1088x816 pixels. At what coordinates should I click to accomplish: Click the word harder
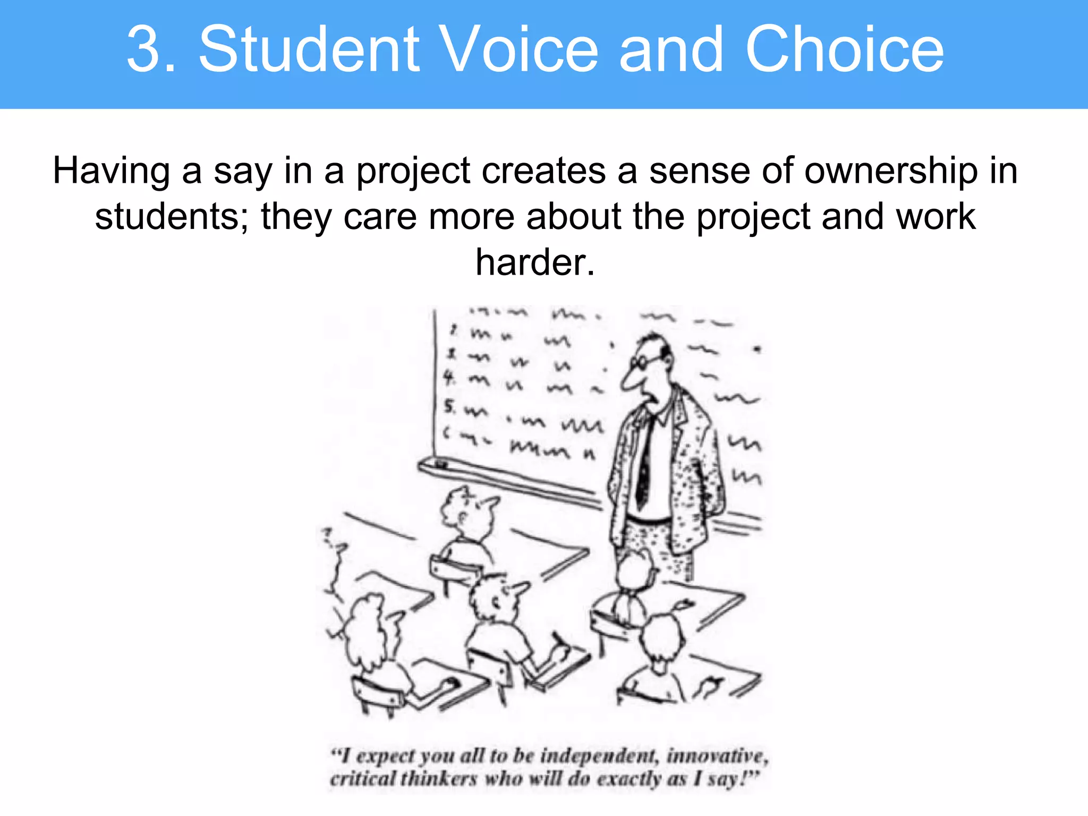coord(534,262)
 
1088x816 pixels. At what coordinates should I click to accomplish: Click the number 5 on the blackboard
coord(449,407)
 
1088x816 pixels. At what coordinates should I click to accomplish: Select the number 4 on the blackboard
coord(449,378)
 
